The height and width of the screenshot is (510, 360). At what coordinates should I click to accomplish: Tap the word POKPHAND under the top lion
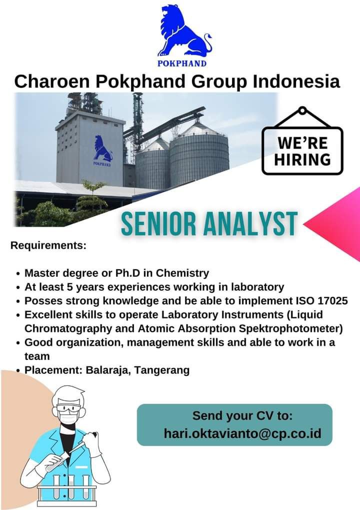pyautogui.click(x=182, y=63)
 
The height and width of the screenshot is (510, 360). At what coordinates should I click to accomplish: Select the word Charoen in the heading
pyautogui.click(x=52, y=81)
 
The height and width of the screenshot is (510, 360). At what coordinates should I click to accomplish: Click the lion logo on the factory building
pyautogui.click(x=102, y=149)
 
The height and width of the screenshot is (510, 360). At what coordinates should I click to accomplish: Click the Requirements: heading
pyautogui.click(x=48, y=245)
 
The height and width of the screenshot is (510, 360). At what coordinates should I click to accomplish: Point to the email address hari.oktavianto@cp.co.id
pyautogui.click(x=242, y=433)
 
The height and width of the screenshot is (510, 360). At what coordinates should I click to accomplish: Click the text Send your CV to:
pyautogui.click(x=242, y=416)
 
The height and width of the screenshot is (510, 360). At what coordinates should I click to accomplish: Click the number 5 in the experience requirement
pyautogui.click(x=70, y=287)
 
